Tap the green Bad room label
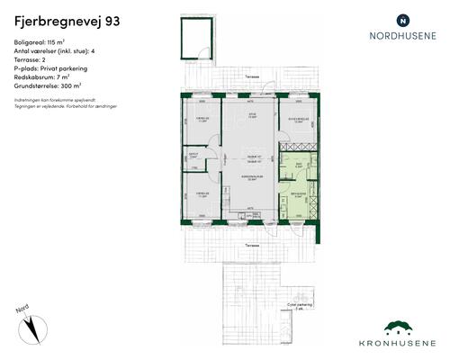click(x=299, y=165)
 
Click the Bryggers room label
click(x=299, y=193)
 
